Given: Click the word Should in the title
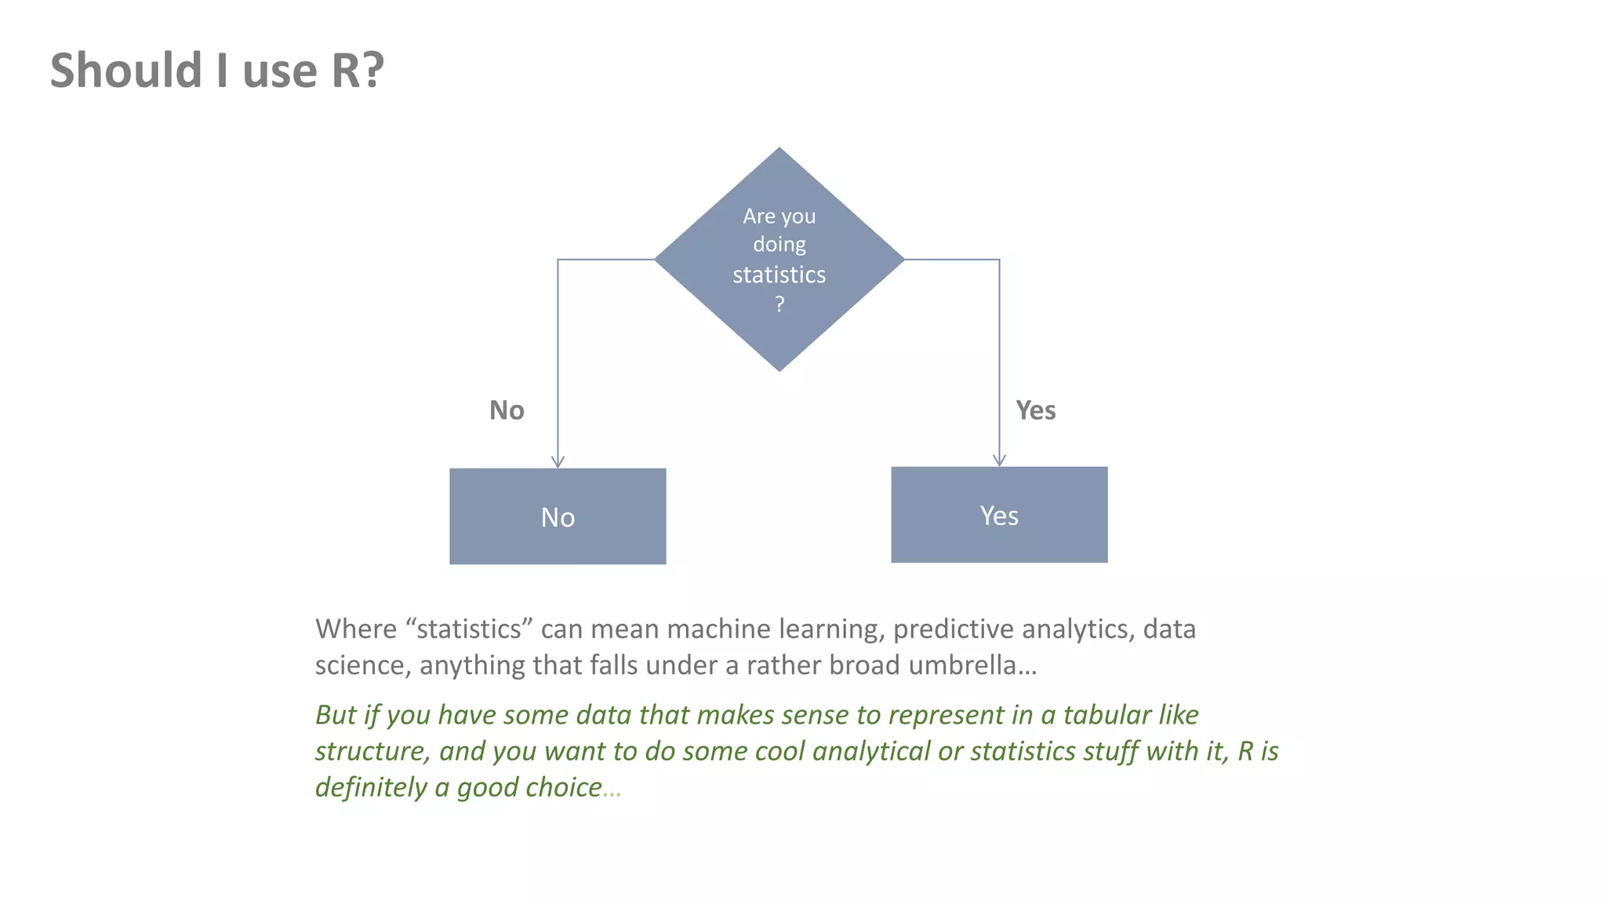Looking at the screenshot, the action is point(126,71).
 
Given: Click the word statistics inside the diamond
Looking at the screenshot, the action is point(779,275).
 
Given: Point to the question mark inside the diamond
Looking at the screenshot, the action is point(779,304).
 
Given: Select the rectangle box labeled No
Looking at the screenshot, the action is point(558,516).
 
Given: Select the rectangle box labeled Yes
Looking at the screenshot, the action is point(999,515).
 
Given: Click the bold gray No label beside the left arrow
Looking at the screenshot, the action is point(507,410).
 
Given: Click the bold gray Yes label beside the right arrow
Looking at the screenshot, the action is point(1035,410).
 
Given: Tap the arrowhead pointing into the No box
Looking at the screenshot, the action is point(558,462).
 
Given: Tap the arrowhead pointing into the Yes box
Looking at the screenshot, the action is point(999,461).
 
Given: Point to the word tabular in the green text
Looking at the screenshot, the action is point(1106,715).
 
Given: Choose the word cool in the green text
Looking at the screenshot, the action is point(779,752).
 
